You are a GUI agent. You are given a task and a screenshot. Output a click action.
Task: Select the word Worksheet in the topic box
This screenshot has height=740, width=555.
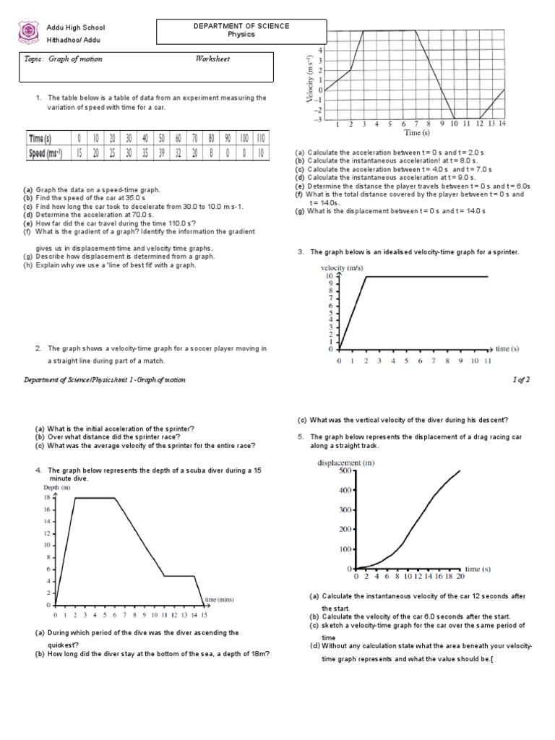212,59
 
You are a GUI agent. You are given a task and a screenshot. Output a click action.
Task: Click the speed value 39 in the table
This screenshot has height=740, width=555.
160,152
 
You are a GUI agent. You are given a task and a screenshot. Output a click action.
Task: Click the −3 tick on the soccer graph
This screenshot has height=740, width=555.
319,119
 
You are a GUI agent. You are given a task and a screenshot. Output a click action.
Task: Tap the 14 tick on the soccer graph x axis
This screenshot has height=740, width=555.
502,124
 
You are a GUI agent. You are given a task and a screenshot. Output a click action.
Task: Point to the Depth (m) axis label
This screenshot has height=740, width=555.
56,489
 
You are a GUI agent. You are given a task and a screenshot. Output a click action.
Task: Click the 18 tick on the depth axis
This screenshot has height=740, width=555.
47,498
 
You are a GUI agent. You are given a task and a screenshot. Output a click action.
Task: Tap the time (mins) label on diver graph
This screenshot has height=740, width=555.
220,599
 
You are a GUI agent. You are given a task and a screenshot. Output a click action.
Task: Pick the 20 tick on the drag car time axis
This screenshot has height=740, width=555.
459,577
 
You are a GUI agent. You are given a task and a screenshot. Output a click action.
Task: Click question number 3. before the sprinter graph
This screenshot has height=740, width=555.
301,251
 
